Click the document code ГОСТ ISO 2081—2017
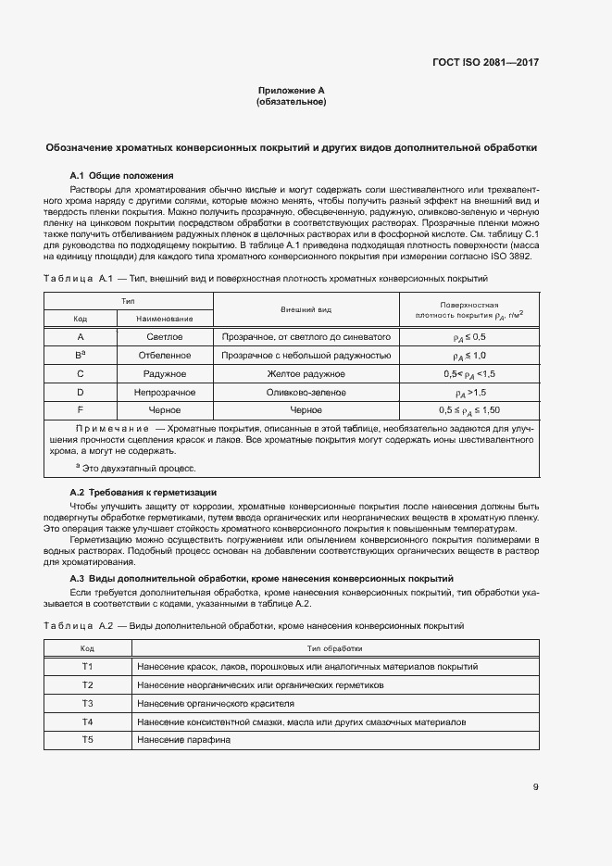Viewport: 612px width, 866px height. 485,63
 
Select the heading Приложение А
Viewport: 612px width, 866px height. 291,91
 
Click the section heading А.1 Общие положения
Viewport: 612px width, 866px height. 121,175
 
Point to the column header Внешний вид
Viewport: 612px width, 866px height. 306,308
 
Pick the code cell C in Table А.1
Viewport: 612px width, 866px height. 81,373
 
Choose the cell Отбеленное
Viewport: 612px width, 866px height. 165,355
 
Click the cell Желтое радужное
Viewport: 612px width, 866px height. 306,373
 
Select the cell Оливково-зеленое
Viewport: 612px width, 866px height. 306,391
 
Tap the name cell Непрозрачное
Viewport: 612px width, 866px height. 165,391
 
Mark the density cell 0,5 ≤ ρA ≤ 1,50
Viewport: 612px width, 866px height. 468,409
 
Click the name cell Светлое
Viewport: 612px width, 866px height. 165,337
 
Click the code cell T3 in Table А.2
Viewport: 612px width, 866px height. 87,703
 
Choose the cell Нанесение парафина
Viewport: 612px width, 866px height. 183,739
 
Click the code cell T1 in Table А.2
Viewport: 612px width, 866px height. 87,667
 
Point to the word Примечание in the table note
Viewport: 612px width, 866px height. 112,428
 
